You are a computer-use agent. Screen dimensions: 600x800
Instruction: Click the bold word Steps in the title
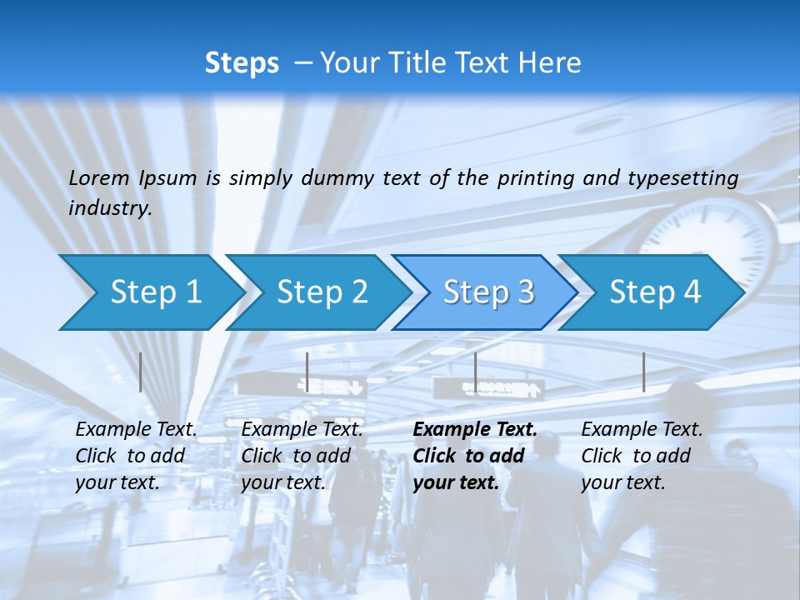[242, 63]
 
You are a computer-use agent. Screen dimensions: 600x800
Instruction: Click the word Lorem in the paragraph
[99, 178]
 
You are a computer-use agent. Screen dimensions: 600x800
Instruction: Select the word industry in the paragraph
[109, 208]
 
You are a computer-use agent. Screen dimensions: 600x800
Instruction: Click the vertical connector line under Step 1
[141, 372]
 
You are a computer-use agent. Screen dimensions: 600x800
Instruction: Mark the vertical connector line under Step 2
[307, 372]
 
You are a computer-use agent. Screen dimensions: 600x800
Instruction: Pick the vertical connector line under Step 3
[475, 372]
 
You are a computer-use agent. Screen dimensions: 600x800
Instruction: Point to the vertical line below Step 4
[643, 372]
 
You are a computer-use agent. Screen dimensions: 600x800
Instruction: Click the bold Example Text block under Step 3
[474, 456]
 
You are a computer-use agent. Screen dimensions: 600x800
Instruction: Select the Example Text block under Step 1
[136, 456]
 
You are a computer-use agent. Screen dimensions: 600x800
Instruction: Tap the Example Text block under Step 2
[302, 456]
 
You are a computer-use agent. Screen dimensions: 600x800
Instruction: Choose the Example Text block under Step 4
[642, 456]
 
